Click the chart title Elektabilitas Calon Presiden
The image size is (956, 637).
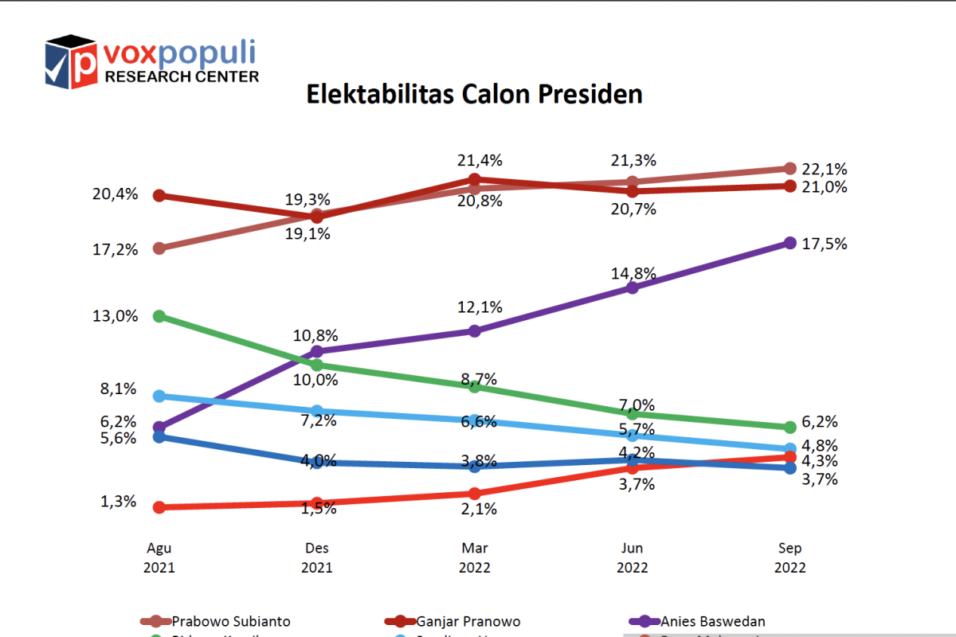pos(475,94)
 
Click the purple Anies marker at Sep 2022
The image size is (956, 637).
pos(789,243)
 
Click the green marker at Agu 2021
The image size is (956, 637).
pos(159,316)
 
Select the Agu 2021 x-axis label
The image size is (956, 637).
pos(159,558)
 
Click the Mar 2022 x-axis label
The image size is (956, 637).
pos(475,558)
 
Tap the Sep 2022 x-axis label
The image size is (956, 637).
pos(790,558)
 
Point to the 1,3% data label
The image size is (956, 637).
pos(118,502)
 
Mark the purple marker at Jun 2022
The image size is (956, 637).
pos(633,287)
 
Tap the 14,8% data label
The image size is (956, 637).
pos(635,273)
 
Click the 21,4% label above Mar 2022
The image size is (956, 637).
pos(480,161)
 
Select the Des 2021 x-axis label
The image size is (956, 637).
pos(317,558)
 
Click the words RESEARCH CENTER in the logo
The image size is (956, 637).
pos(182,76)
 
